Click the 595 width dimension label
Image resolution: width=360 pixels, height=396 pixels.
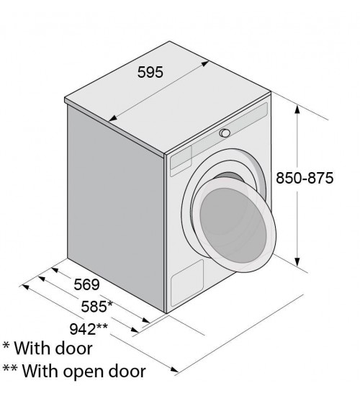(x=150, y=72)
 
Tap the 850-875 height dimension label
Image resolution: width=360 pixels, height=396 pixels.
(x=305, y=178)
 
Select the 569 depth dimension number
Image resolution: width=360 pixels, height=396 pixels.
(x=86, y=284)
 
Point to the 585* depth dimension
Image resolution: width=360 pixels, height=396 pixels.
(x=96, y=306)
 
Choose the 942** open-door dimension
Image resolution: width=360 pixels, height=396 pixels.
(x=89, y=329)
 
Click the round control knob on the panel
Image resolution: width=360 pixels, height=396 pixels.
(x=225, y=133)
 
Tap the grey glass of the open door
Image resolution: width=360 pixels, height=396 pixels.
(x=233, y=225)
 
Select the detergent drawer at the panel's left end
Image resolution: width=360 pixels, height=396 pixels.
(x=181, y=161)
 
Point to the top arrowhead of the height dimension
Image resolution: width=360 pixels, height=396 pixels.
(x=297, y=111)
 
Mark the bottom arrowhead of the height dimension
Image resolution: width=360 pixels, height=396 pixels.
(x=297, y=262)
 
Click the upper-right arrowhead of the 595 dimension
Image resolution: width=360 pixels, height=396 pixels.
(x=204, y=63)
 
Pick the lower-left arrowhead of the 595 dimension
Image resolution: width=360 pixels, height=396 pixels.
(x=113, y=117)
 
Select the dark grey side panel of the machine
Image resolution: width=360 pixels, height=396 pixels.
(x=116, y=208)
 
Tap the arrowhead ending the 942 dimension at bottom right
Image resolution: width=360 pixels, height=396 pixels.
(x=174, y=369)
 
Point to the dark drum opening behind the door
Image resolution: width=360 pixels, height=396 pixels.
(x=229, y=177)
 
